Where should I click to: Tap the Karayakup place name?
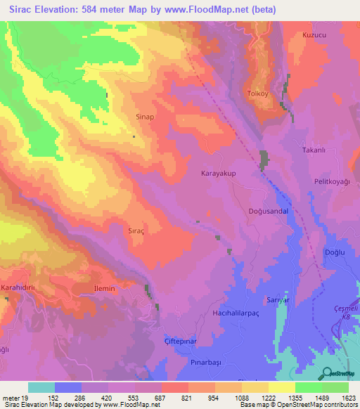(x=218, y=173)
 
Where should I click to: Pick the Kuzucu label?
(x=316, y=34)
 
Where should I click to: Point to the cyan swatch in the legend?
(x=41, y=387)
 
